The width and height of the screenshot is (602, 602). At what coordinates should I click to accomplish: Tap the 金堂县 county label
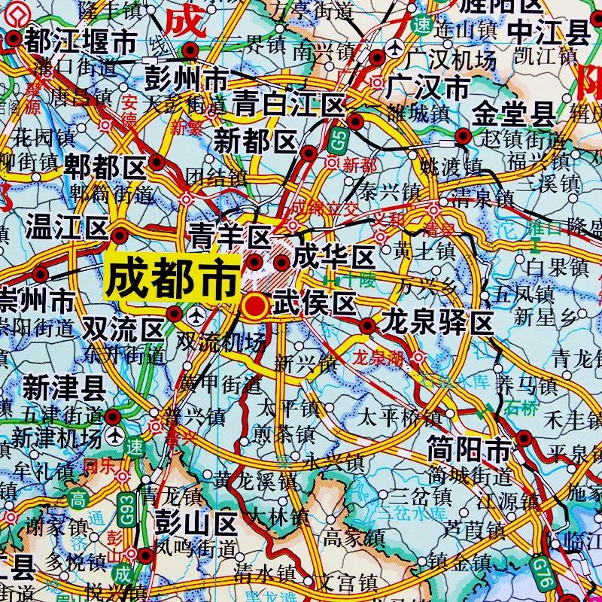point(515,114)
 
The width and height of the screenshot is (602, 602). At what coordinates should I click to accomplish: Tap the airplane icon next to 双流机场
point(197,314)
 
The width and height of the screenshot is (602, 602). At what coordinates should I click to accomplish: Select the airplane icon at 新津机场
point(115,436)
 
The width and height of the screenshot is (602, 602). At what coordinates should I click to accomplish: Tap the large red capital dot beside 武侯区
point(256,305)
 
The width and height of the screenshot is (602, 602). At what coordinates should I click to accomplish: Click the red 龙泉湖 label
point(379,358)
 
